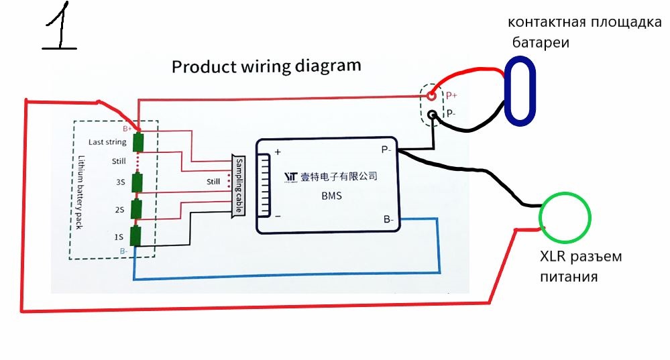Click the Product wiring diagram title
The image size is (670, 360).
click(266, 67)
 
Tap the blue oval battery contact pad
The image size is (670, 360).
click(520, 91)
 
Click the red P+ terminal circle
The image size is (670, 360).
click(433, 96)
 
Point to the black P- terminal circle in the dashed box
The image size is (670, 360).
click(433, 115)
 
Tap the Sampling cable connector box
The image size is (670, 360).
click(237, 185)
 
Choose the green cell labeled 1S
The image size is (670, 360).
click(137, 235)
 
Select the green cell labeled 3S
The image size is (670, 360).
click(137, 182)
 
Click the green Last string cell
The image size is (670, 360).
click(139, 142)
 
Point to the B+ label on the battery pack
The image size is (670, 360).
click(127, 127)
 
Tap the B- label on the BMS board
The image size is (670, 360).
click(388, 219)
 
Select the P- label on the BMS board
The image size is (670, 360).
click(388, 149)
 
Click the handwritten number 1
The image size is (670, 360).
click(60, 28)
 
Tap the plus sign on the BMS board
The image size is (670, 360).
click(276, 152)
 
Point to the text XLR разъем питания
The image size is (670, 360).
click(581, 266)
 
